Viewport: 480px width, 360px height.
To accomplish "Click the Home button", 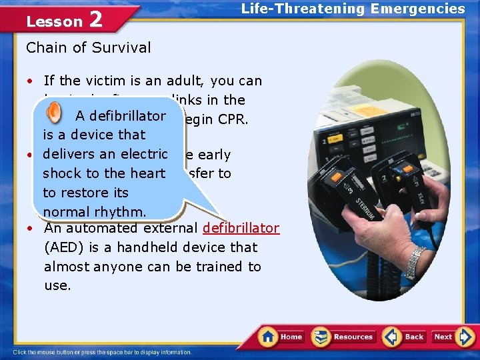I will (x=281, y=337).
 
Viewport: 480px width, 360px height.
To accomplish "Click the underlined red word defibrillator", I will (x=241, y=228).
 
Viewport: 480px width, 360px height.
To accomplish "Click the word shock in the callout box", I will (x=61, y=173).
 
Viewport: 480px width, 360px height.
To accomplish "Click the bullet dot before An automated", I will (x=31, y=228).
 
